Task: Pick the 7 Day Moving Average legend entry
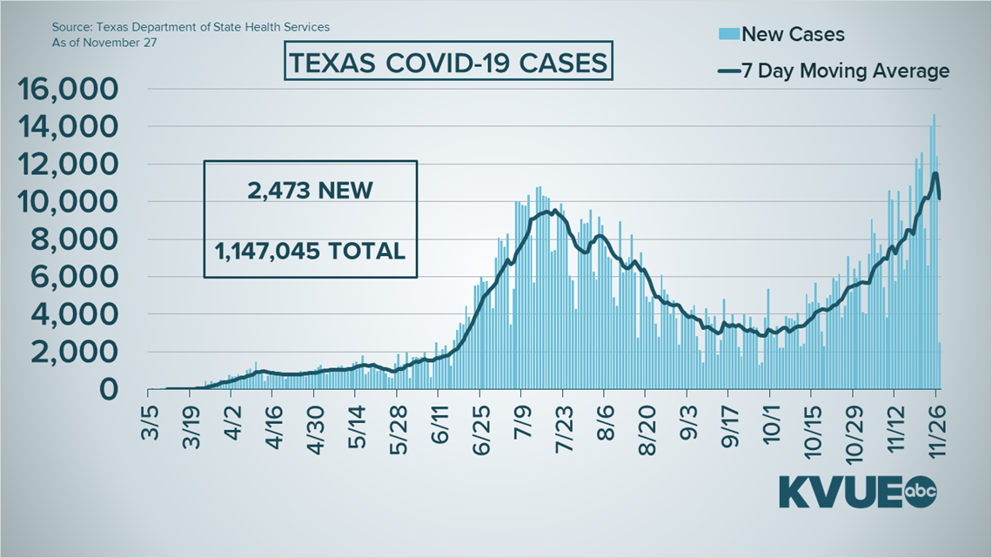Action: click(x=833, y=71)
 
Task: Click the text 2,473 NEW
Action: click(x=310, y=191)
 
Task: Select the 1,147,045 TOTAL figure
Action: click(x=310, y=251)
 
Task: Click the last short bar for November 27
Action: click(x=939, y=366)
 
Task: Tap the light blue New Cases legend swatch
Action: click(x=728, y=34)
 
